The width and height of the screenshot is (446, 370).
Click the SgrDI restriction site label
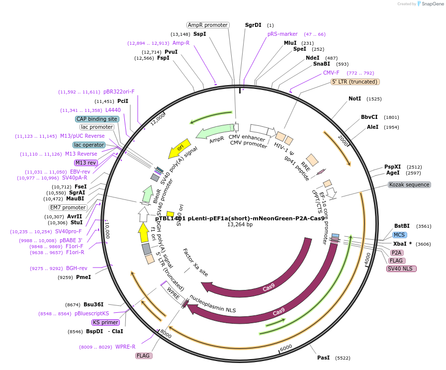pos(253,25)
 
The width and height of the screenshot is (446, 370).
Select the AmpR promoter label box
pos(208,25)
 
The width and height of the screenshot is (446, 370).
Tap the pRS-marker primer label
pos(282,34)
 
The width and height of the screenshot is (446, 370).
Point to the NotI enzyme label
pos(355,98)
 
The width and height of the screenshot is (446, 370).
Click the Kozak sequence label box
pos(409,185)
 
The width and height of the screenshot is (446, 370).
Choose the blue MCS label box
pos(399,235)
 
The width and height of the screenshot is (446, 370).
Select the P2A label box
pos(397,253)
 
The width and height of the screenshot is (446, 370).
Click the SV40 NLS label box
pos(401,269)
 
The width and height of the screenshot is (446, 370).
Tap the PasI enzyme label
pos(323,358)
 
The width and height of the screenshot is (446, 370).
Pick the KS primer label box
pos(105,322)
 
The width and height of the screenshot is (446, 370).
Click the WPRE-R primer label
pos(125,347)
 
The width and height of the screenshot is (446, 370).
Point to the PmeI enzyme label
pos(83,277)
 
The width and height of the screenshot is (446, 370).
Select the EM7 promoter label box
pos(68,207)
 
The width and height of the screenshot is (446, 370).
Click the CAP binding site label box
pos(97,119)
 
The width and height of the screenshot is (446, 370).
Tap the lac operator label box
pos(89,145)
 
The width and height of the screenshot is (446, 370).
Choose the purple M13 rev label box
pos(86,163)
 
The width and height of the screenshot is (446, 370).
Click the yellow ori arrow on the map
pos(179,147)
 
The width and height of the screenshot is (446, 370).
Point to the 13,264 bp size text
pos(240,225)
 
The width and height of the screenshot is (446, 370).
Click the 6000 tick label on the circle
pos(285,348)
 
